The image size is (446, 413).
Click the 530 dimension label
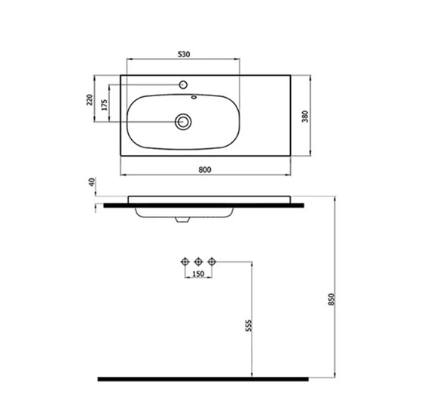pos(184,54)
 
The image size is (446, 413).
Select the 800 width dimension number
pos(205,169)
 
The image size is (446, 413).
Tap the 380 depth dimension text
pos(305,117)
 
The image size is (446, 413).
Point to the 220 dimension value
pos(90,100)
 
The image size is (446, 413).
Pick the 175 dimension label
pos(105,105)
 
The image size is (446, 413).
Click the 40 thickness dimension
pos(92,182)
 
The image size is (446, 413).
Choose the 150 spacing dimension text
pos(198,274)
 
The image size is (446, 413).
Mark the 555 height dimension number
pos(249,326)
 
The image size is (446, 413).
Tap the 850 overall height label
pos(332,299)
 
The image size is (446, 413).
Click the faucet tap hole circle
pos(183,84)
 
